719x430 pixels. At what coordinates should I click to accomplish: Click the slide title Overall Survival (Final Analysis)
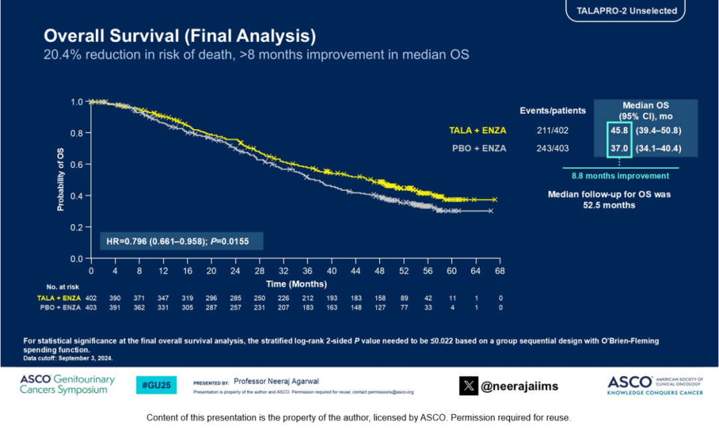[x=180, y=35]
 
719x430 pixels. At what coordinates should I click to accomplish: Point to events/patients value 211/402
[x=552, y=130]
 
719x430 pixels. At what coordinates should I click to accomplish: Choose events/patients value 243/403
[x=552, y=148]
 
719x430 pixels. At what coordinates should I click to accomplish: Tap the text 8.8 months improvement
[x=620, y=176]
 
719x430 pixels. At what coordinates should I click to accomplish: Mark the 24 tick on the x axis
[x=235, y=272]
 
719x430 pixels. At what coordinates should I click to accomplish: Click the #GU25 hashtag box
[x=156, y=385]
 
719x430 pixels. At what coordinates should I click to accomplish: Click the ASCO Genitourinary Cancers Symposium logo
[x=67, y=385]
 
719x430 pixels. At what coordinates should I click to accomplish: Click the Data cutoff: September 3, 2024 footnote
[x=68, y=357]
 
